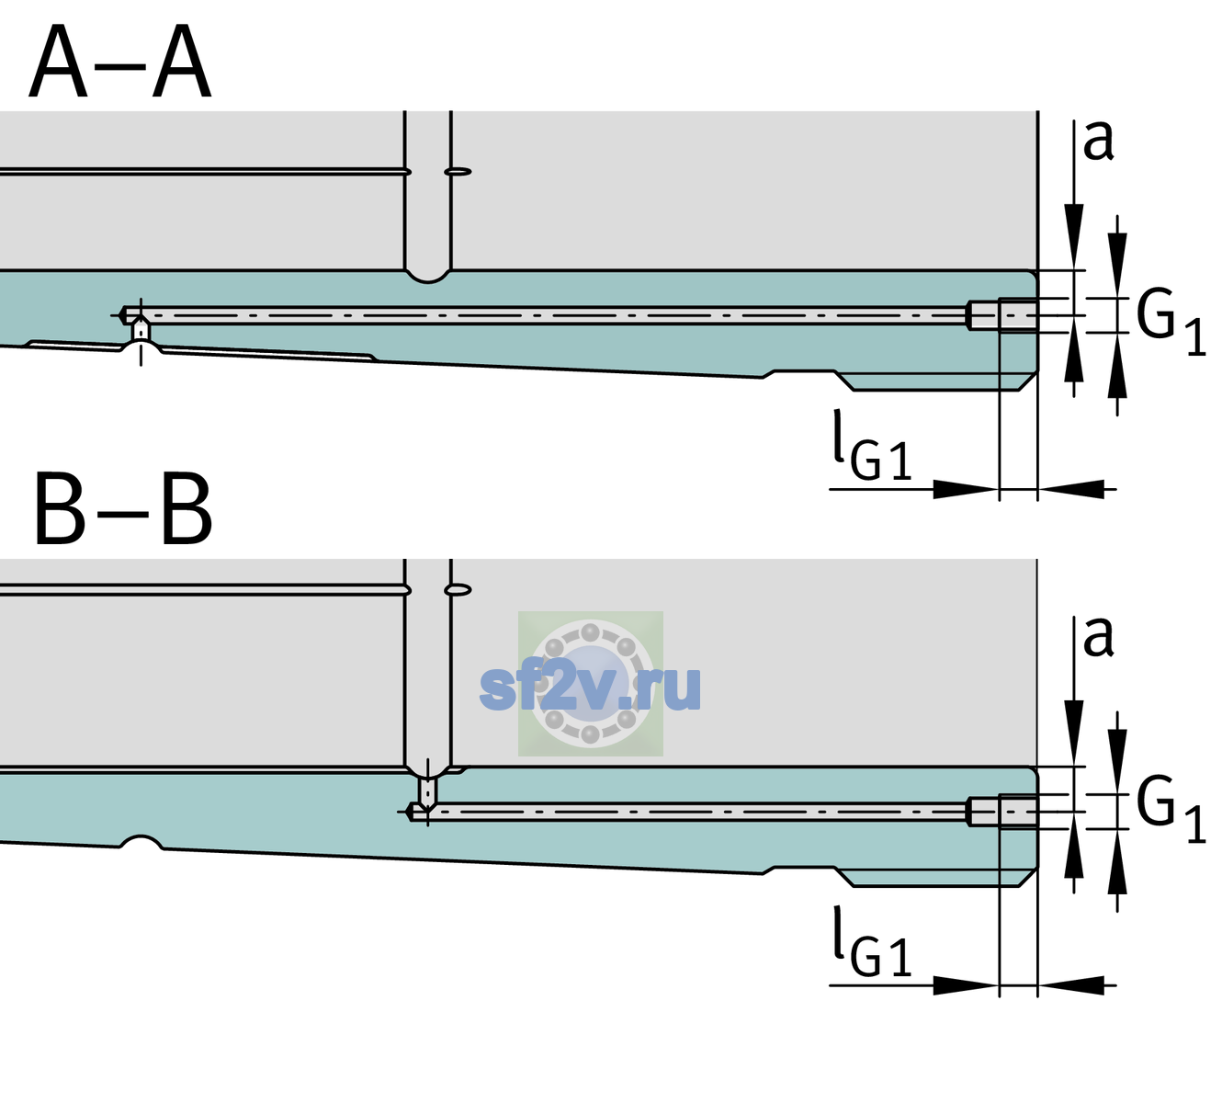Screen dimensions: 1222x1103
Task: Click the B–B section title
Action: [x=124, y=509]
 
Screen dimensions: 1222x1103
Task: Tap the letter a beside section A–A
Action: [x=1098, y=142]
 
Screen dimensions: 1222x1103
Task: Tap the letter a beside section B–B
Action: [x=1098, y=637]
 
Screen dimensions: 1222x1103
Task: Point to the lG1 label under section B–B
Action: [x=872, y=942]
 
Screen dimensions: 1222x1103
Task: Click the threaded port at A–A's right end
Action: [x=1002, y=315]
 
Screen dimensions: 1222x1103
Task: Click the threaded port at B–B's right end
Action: [x=1002, y=812]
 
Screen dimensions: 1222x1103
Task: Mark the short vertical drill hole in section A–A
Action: [x=141, y=330]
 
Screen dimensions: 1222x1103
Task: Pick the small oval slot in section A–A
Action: [x=458, y=172]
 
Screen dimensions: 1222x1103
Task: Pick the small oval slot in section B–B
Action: [x=458, y=590]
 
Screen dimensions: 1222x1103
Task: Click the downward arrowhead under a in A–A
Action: [x=1074, y=235]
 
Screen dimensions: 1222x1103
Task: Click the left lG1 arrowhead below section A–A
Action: [x=967, y=489]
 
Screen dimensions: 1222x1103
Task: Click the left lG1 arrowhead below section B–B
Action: [x=967, y=984]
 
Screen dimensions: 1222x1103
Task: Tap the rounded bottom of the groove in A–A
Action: [x=427, y=277]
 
